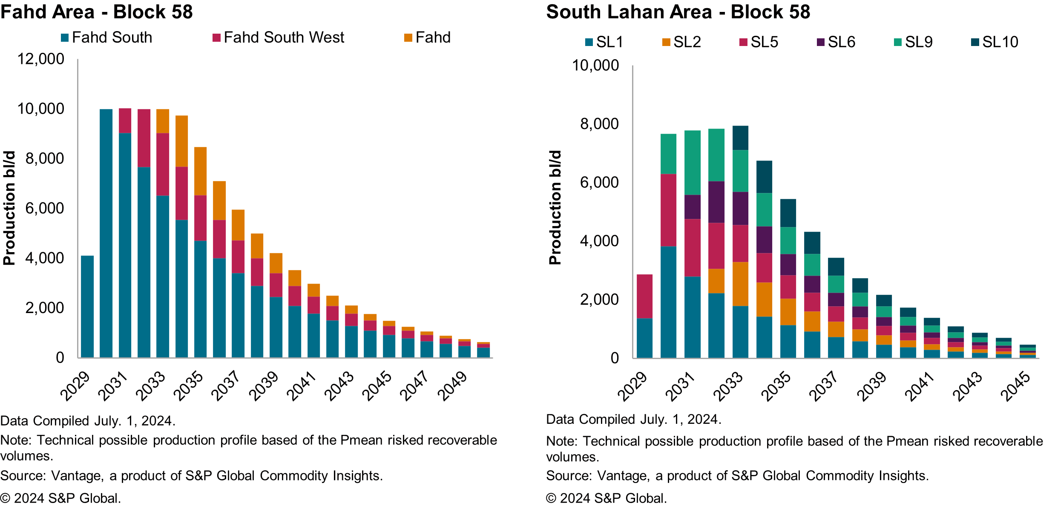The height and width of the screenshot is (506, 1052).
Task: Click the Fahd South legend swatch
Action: tap(65, 38)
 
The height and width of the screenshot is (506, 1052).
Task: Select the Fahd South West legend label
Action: tap(284, 38)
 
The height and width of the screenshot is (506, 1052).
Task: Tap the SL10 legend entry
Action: tap(1000, 42)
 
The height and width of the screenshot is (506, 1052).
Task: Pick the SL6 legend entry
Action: tap(841, 42)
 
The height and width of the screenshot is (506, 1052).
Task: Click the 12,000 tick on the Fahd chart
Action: tap(41, 59)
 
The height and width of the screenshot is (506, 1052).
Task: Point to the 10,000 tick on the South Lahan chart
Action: tap(595, 66)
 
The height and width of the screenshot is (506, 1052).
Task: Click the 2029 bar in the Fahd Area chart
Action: tap(87, 306)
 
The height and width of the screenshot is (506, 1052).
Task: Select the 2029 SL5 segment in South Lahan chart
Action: tap(644, 296)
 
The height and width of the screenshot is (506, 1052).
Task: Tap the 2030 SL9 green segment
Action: tap(668, 154)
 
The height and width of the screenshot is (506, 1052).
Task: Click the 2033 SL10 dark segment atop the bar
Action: tap(740, 138)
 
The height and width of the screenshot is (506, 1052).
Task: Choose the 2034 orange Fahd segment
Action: tap(181, 141)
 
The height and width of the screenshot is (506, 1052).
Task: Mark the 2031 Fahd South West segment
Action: tap(125, 121)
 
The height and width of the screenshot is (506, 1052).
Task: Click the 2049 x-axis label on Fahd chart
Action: tap(453, 386)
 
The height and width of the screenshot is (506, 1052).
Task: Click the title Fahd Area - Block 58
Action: tap(97, 12)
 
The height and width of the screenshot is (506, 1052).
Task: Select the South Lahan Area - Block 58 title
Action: tap(678, 12)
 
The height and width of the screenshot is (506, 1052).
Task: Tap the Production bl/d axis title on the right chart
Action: tap(555, 207)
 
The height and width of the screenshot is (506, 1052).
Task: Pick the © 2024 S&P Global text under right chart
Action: tap(606, 498)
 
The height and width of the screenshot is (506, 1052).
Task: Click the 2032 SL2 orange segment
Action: tap(716, 281)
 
